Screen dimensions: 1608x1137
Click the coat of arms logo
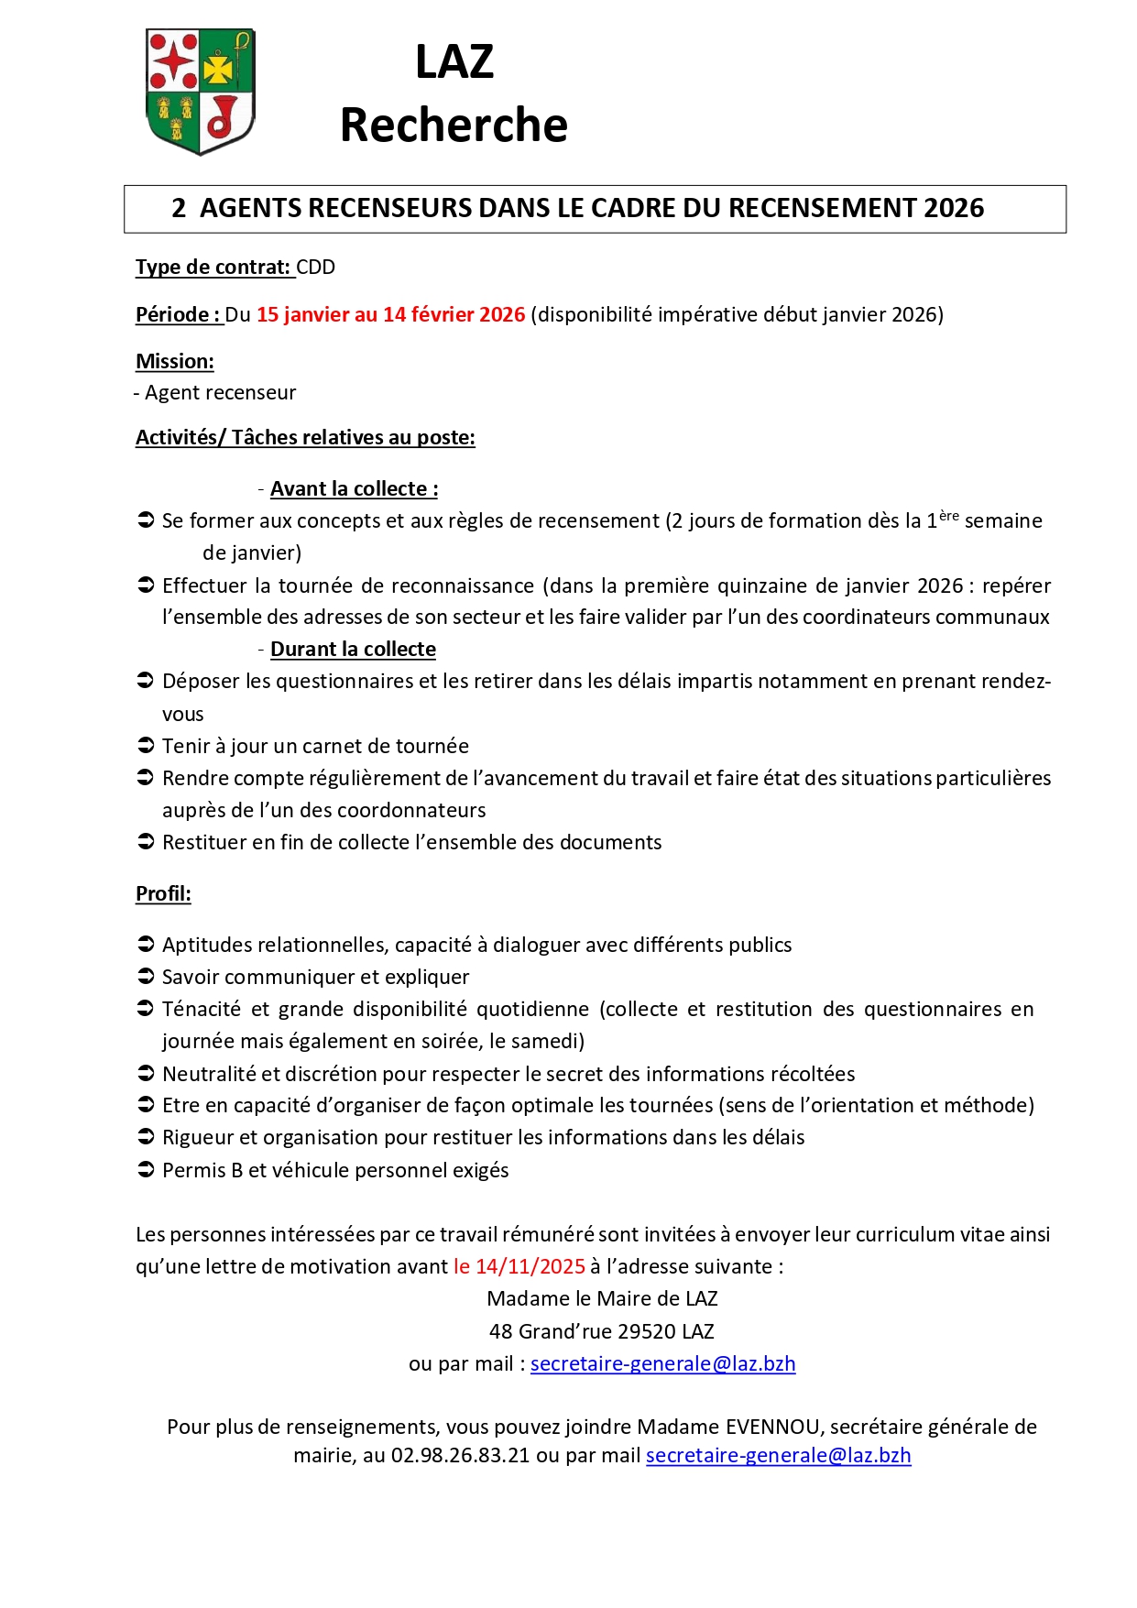coord(200,91)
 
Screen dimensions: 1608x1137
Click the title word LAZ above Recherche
coord(454,62)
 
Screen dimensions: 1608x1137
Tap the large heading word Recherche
coord(454,125)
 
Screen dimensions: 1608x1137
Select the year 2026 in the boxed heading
coord(954,209)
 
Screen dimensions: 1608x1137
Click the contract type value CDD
coord(316,268)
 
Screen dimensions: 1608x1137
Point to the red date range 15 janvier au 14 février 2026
coord(390,315)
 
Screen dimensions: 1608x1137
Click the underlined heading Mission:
coord(175,362)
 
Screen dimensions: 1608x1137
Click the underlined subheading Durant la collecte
coord(353,650)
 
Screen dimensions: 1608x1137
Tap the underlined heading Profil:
coord(163,894)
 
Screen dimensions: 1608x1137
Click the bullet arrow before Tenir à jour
coord(145,746)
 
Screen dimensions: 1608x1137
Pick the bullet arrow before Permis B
coord(145,1170)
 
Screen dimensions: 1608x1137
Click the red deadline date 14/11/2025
coord(530,1267)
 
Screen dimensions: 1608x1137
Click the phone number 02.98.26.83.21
coord(460,1456)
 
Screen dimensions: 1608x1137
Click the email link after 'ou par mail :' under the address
coord(662,1364)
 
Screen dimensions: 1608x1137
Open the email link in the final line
coord(778,1456)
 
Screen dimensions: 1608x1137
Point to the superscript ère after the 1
coord(948,516)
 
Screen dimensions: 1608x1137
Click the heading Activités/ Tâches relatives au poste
coord(305,438)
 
